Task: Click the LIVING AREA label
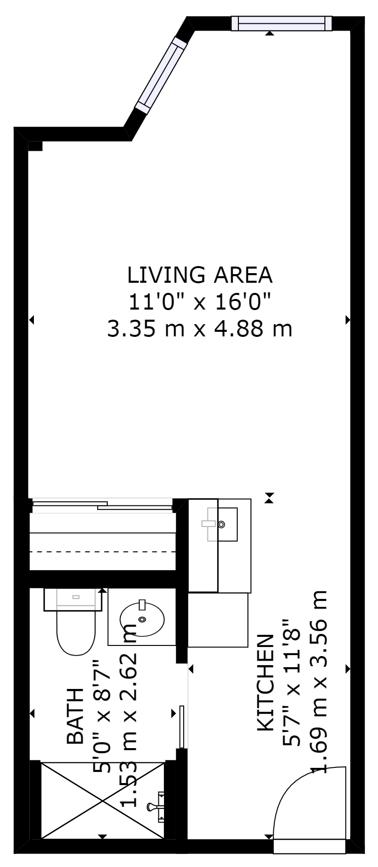200,275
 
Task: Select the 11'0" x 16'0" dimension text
199,302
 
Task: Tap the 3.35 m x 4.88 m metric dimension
199,329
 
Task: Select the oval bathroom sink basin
142,619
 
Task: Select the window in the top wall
282,23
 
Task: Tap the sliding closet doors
103,505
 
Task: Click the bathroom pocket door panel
182,727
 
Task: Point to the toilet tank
73,599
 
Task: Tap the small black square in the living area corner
35,146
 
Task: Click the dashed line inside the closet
103,551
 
